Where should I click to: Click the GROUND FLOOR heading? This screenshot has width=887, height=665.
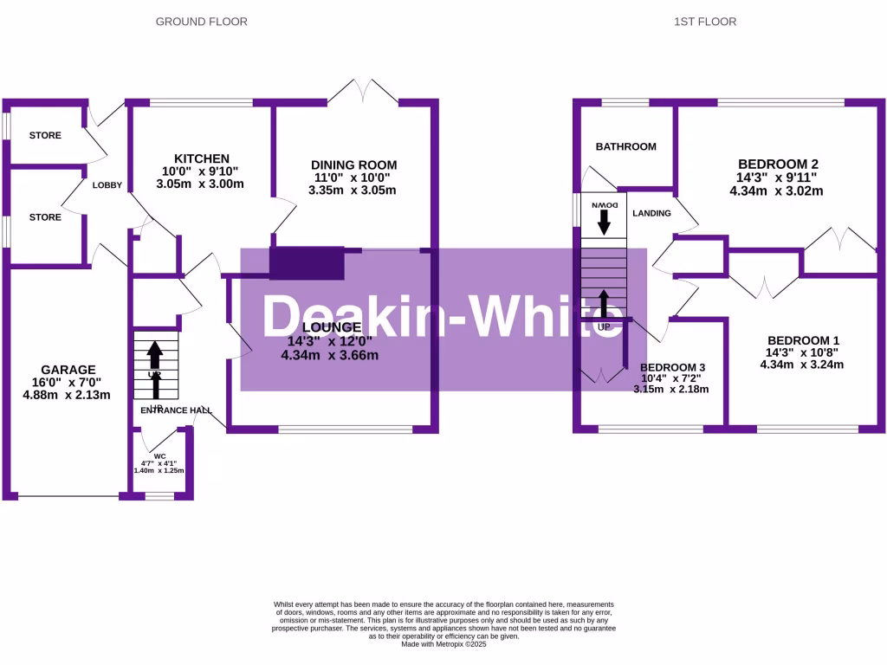(201, 22)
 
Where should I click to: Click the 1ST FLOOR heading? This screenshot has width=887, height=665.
(705, 22)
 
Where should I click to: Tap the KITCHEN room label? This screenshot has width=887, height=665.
(202, 158)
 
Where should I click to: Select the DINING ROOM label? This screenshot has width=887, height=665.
(353, 165)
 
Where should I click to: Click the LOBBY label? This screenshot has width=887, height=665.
(108, 184)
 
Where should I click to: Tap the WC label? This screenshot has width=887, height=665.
(159, 455)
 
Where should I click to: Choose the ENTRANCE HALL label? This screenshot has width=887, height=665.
(176, 410)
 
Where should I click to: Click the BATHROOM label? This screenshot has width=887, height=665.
(625, 146)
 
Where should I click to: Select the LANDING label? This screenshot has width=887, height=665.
(652, 213)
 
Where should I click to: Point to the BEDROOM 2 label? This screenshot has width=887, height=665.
(778, 164)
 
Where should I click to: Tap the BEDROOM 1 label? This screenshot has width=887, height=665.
(801, 340)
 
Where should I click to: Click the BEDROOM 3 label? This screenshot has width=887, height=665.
(673, 366)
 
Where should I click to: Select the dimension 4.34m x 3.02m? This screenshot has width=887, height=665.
(778, 190)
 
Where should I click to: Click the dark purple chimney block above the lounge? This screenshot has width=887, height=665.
(308, 263)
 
